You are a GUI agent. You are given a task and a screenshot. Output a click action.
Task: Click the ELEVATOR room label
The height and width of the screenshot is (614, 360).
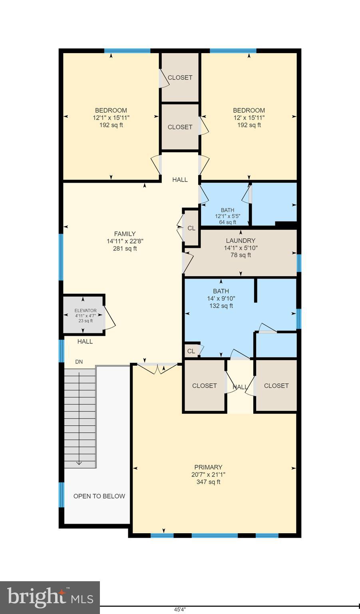point(86,311)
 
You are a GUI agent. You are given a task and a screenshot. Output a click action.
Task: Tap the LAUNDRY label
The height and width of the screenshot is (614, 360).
point(241,241)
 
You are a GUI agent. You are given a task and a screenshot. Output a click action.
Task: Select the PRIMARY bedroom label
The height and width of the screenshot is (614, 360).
point(208,467)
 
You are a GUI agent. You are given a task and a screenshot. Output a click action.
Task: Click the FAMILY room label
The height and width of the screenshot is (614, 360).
point(125,234)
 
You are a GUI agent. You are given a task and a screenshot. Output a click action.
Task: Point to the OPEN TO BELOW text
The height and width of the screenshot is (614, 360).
point(99,496)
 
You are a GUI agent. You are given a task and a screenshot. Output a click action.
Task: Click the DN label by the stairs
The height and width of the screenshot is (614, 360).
point(79,362)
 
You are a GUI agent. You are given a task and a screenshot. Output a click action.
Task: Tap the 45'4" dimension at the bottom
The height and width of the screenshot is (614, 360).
point(180,610)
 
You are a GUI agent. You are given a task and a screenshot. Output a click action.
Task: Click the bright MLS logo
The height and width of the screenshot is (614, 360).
point(50,597)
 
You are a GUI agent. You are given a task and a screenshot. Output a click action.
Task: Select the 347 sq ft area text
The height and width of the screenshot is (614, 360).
point(208,482)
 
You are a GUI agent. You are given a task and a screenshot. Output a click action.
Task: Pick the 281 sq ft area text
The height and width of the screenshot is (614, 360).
point(125,249)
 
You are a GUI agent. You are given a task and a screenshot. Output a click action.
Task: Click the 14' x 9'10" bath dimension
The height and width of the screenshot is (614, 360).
point(221,299)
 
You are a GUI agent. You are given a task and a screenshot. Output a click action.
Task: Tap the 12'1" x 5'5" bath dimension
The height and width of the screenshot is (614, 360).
point(227,216)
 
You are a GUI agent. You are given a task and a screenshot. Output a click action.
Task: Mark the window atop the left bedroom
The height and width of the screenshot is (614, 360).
point(127,51)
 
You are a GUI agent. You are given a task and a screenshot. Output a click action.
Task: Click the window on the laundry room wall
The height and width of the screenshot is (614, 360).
point(298,263)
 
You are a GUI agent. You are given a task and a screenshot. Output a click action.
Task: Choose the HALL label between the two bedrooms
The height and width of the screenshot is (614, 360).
point(180,180)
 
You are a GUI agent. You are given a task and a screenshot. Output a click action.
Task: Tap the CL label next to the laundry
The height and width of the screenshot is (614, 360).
point(191,228)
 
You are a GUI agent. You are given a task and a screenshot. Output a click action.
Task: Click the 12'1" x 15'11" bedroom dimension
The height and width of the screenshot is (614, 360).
point(111,118)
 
